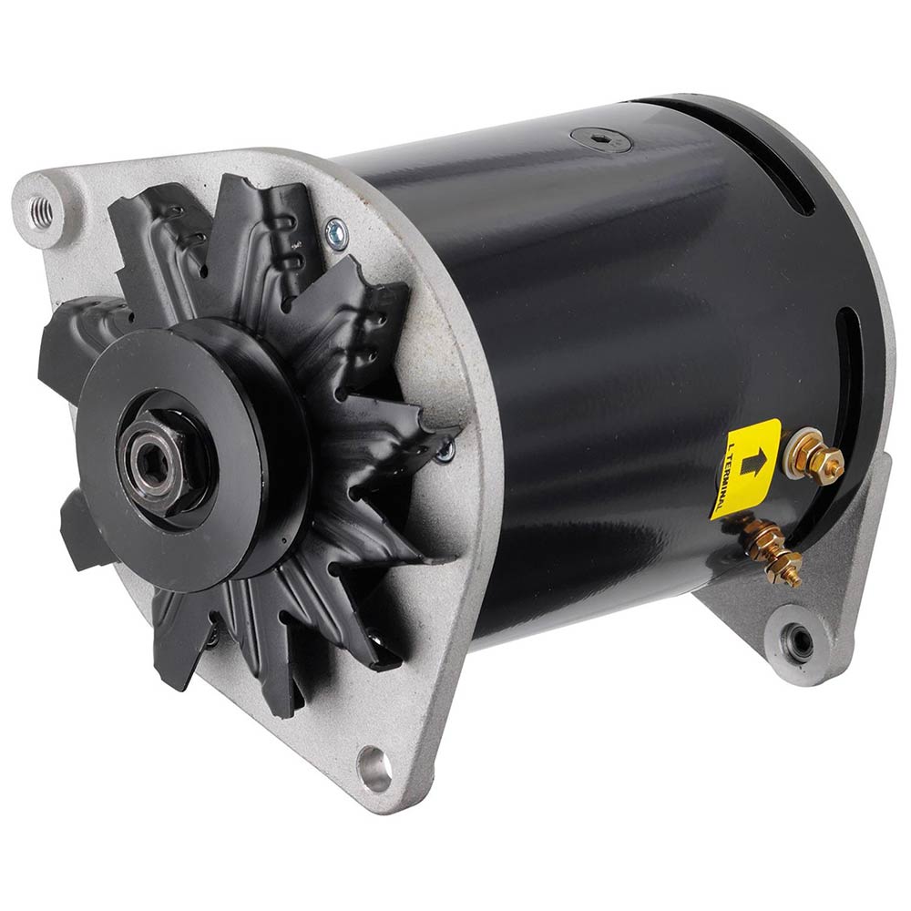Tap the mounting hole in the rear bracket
tap(800, 640)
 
